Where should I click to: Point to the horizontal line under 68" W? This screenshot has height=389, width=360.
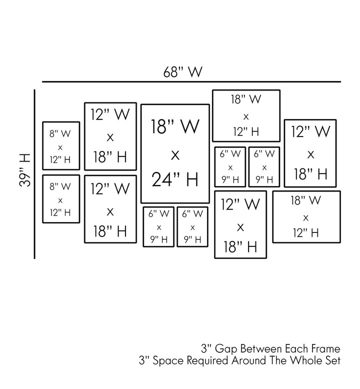click(x=191, y=81)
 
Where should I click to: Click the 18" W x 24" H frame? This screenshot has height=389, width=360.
click(x=174, y=153)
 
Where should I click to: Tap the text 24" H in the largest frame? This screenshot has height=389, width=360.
click(x=174, y=179)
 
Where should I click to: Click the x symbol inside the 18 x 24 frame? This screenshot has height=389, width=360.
click(x=174, y=155)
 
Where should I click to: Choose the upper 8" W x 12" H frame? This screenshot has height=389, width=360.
click(x=60, y=147)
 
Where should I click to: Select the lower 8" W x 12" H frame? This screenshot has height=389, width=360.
click(x=60, y=199)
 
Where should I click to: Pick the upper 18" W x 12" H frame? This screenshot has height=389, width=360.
click(x=246, y=115)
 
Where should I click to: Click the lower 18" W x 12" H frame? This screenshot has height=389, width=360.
click(x=306, y=216)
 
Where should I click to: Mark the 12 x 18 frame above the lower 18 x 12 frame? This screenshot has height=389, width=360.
click(x=310, y=153)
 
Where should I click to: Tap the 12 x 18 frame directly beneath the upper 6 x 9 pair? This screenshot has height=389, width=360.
click(x=240, y=224)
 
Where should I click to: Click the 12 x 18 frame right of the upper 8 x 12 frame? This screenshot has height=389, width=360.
click(x=110, y=136)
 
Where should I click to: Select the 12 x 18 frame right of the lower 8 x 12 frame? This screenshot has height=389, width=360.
click(x=110, y=209)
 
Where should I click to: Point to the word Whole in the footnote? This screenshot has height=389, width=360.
click(x=307, y=360)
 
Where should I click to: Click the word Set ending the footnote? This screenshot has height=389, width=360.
click(x=333, y=360)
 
